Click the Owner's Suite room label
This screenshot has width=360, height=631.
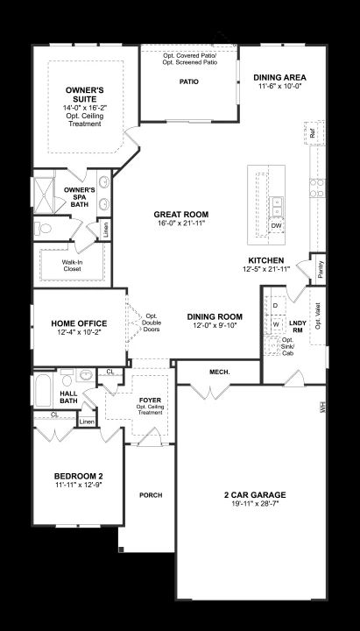coord(84,95)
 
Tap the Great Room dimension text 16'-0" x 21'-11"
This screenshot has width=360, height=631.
coord(180,223)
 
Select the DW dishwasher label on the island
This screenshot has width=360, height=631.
coord(276,226)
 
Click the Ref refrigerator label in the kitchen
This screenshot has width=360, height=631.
coord(313,133)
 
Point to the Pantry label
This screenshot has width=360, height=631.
coord(321,269)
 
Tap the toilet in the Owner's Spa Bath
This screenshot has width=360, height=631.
coord(43,229)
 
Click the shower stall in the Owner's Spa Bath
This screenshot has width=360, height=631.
coord(44,195)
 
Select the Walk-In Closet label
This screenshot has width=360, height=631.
coord(71,266)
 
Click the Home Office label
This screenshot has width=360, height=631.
coord(79,323)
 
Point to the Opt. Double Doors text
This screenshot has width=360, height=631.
coord(152,323)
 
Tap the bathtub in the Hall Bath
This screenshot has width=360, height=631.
coord(43,390)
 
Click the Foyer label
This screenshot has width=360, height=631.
coord(150,400)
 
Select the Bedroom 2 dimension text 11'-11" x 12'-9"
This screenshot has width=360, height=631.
coord(79,485)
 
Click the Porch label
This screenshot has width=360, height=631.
coord(151,495)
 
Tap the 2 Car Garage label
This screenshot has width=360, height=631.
coord(255,495)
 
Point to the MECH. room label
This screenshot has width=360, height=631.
coord(220,372)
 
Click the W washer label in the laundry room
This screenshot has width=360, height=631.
coord(276,324)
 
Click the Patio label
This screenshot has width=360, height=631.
coord(189,82)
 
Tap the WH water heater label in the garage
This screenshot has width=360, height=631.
coord(321,407)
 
